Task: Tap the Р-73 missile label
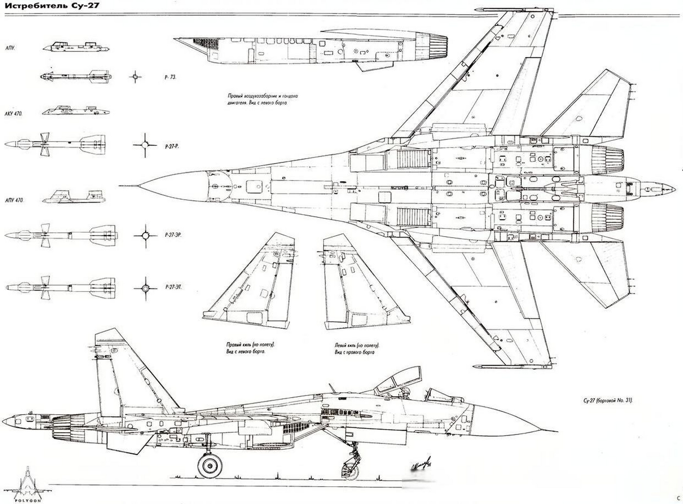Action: click(x=170, y=78)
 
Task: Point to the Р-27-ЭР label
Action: click(x=173, y=235)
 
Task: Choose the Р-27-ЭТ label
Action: click(x=173, y=287)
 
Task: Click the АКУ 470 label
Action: click(x=13, y=114)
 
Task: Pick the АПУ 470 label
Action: click(x=15, y=200)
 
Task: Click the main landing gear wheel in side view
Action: click(x=209, y=465)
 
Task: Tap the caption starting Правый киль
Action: click(x=250, y=348)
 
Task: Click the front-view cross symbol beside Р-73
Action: click(x=135, y=77)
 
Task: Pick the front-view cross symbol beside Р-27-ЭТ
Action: click(x=145, y=288)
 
